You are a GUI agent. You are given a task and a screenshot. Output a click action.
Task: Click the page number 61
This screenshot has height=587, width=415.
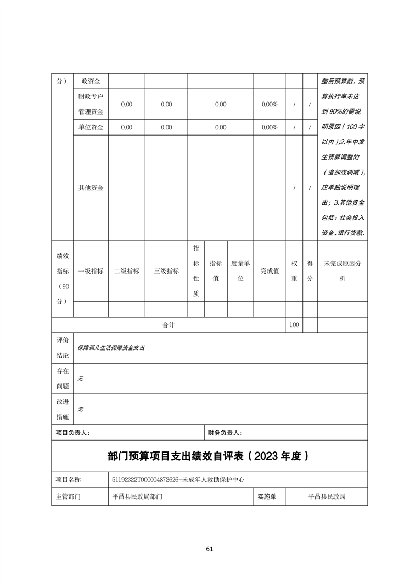pos(210,549)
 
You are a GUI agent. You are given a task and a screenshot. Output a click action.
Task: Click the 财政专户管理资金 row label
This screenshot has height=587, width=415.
pos(91,104)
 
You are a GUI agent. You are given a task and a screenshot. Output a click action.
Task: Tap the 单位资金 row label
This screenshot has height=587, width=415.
pos(91,127)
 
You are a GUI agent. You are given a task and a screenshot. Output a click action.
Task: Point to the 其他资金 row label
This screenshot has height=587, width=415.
pos(91,188)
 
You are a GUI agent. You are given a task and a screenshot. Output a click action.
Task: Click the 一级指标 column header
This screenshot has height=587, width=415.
pos(91,271)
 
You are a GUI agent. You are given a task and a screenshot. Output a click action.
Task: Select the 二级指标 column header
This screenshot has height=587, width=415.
pos(127,271)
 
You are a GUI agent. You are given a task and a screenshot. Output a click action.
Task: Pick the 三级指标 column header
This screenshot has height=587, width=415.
pos(166,271)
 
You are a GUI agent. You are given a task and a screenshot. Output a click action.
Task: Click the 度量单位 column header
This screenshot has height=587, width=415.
pos(241,271)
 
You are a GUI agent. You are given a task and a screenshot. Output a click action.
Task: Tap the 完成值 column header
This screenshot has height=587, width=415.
pos(270,271)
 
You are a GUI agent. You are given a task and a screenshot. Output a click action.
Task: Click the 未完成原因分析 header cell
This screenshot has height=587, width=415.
pos(342,271)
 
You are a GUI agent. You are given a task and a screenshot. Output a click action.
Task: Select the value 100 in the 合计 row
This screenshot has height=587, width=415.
pos(294,325)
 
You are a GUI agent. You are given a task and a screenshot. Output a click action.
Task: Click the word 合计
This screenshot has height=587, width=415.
pos(169,325)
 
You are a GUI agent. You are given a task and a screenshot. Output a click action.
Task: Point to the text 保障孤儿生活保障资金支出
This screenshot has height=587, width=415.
pos(111,347)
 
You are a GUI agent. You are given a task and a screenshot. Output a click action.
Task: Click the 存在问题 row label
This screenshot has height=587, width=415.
pos(63,378)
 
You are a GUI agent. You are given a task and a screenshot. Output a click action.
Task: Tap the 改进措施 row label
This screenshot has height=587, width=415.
pos(63,409)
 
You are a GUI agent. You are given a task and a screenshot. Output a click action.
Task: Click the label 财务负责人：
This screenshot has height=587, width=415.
pos(225,433)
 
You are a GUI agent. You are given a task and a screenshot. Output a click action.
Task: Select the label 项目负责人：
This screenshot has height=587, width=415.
pos(73,433)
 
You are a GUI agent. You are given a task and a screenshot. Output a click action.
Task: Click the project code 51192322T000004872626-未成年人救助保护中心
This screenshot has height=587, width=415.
pos(178,479)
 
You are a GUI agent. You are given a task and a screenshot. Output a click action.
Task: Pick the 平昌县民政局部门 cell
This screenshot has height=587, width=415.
pos(138,496)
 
